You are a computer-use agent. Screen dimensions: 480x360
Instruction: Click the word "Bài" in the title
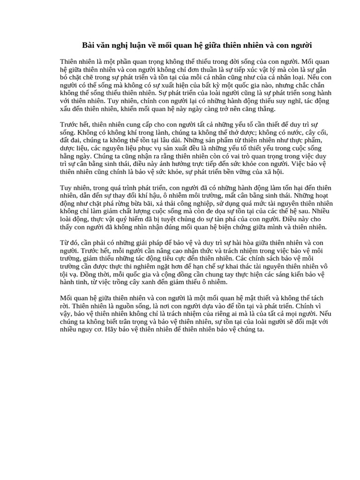[x=89, y=45]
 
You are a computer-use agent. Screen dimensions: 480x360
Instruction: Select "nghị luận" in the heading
[x=129, y=45]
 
